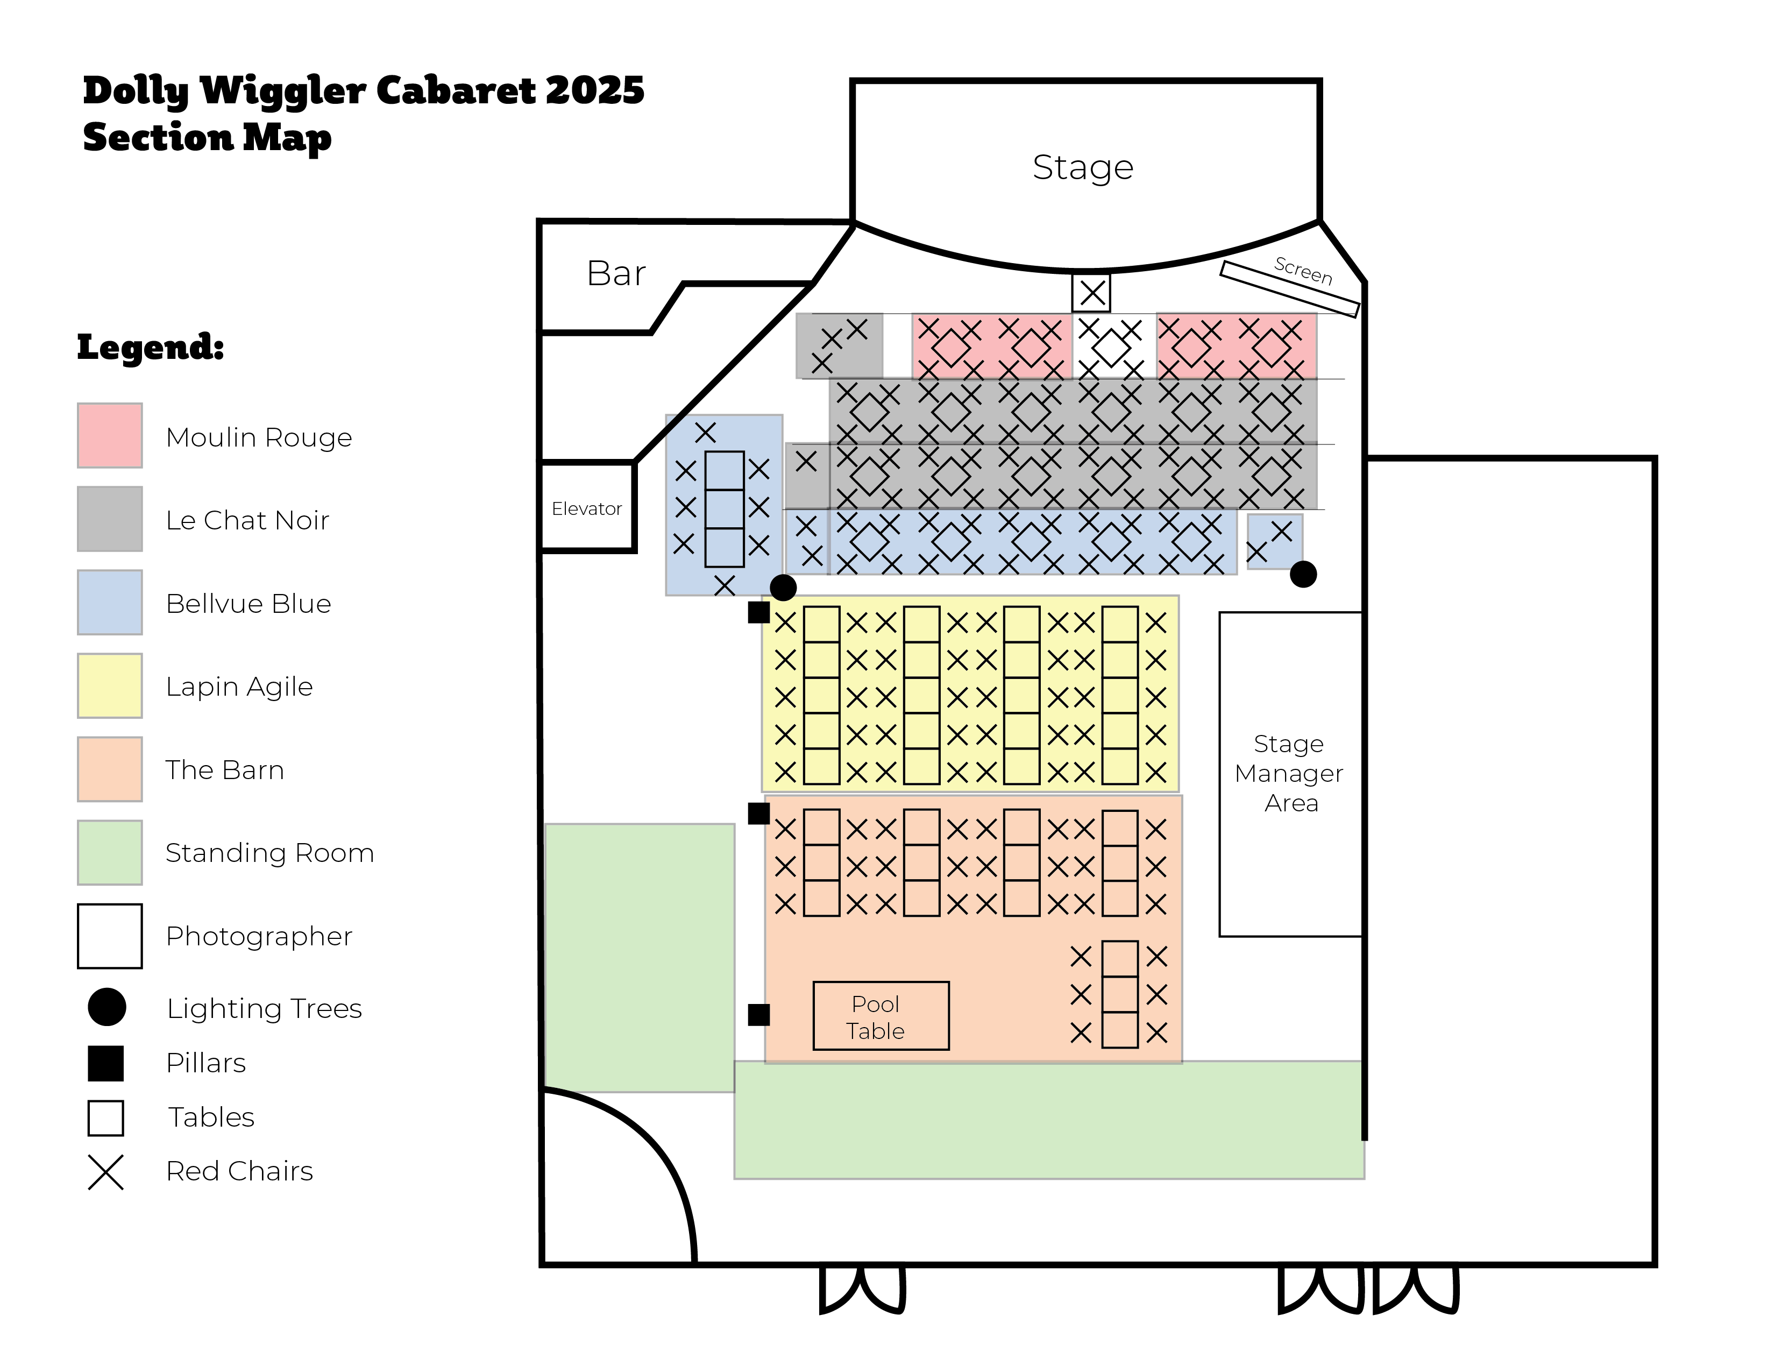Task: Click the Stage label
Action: pyautogui.click(x=1083, y=167)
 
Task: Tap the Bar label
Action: pyautogui.click(x=616, y=273)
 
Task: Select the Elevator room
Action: pyautogui.click(x=587, y=508)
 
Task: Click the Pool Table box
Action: pyautogui.click(x=881, y=1016)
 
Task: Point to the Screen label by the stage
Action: pyautogui.click(x=1303, y=271)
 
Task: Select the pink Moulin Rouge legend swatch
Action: pyautogui.click(x=110, y=436)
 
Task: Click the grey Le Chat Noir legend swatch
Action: pyautogui.click(x=110, y=519)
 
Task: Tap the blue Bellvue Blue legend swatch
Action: pyautogui.click(x=110, y=602)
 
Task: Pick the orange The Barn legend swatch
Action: pyautogui.click(x=110, y=769)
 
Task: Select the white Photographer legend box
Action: pyautogui.click(x=110, y=936)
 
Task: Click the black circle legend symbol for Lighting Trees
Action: pyautogui.click(x=106, y=1007)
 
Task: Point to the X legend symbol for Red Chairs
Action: pyautogui.click(x=105, y=1172)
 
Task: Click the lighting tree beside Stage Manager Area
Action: pyautogui.click(x=1303, y=575)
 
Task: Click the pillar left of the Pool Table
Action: pyautogui.click(x=758, y=1014)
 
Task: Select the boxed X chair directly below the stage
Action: pyautogui.click(x=1091, y=293)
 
